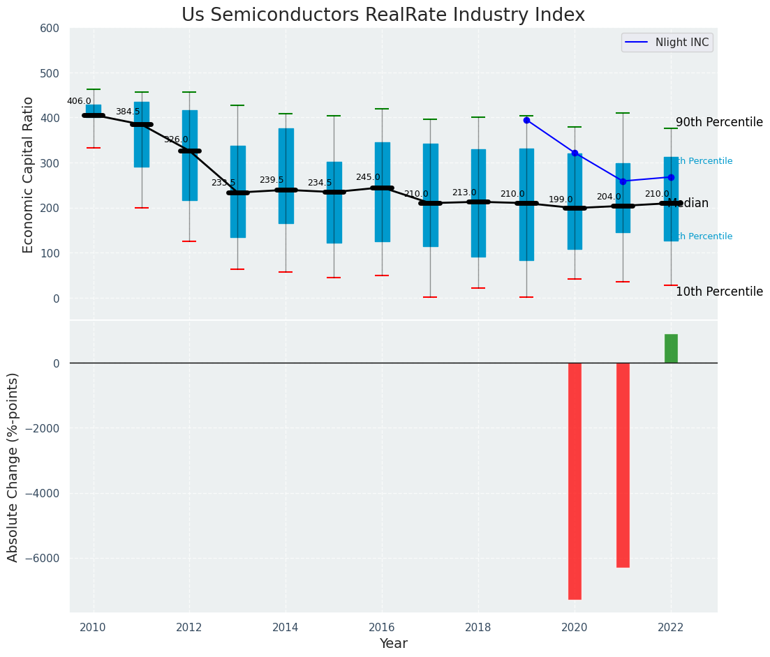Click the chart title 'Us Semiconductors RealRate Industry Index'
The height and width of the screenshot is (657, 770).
[x=383, y=15]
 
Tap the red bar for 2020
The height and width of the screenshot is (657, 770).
[x=575, y=481]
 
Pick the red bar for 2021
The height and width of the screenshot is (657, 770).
[x=623, y=465]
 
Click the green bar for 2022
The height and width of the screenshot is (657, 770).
[x=671, y=349]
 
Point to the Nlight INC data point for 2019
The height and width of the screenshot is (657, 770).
[x=526, y=120]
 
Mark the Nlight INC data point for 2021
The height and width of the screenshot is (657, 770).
[x=623, y=181]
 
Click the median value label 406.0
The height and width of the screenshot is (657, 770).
[x=79, y=101]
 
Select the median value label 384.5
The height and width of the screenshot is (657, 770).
[x=128, y=112]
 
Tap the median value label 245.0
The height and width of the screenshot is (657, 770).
[x=368, y=178]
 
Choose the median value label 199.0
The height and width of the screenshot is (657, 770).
[x=561, y=199]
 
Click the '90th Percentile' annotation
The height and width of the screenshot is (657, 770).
[x=719, y=123]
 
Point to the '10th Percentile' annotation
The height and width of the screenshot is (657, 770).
[x=719, y=292]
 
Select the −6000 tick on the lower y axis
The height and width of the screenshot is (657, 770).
[x=43, y=558]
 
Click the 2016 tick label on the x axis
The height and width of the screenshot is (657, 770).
[x=382, y=628]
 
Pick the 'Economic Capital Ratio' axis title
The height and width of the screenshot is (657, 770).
[x=29, y=174]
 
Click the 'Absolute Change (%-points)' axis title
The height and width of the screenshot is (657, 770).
[x=13, y=467]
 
